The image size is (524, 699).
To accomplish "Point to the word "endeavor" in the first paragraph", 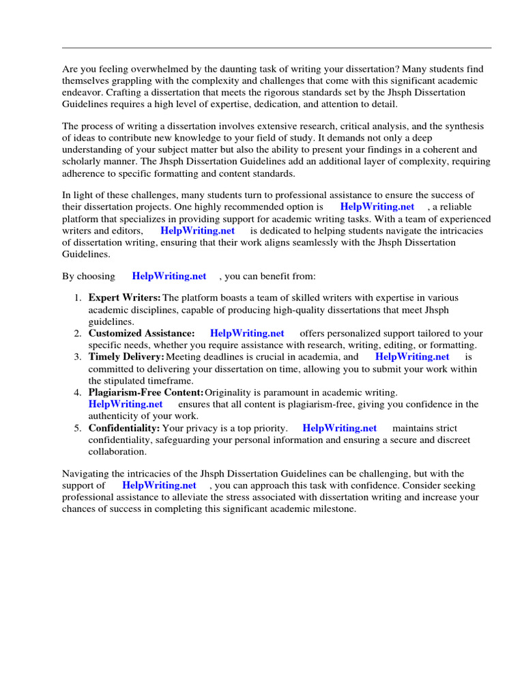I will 83,92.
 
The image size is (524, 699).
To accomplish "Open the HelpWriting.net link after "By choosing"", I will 169,276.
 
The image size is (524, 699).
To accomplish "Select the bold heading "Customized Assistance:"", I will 141,334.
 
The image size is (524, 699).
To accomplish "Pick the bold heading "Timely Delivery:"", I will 126,357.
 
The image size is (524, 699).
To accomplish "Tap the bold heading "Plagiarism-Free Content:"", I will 146,393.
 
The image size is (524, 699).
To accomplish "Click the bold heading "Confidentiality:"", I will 124,428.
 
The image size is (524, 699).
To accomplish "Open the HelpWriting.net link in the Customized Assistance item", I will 247,334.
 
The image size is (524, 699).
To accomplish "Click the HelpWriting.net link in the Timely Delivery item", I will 412,357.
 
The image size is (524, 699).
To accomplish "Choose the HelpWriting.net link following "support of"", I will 159,485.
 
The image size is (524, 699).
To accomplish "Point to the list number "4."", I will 78,393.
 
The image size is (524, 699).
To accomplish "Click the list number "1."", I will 78,298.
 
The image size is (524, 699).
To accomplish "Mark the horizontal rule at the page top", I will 276,48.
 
